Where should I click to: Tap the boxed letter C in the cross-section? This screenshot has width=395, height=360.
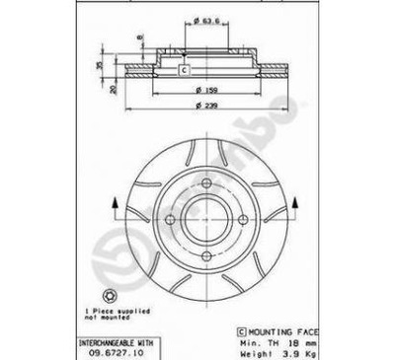(x=184, y=69)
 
